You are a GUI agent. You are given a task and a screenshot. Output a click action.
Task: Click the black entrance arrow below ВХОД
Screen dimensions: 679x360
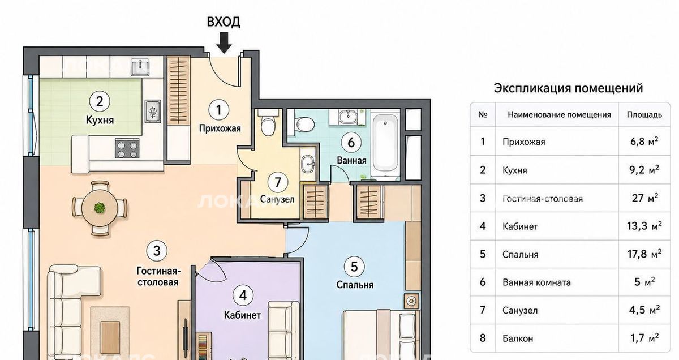click(x=224, y=43)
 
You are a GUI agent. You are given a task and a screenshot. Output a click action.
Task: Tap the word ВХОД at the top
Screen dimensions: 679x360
click(x=224, y=22)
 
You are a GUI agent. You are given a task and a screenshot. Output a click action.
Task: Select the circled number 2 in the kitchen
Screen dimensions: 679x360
click(x=100, y=101)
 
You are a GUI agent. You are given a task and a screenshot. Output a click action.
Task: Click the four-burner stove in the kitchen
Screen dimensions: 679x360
click(x=127, y=148)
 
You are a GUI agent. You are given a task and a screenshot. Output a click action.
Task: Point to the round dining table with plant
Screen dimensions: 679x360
click(x=100, y=208)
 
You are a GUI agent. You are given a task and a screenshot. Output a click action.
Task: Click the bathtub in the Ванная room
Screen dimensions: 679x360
click(x=385, y=146)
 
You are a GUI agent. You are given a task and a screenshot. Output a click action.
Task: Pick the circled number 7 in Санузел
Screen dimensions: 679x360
click(x=278, y=182)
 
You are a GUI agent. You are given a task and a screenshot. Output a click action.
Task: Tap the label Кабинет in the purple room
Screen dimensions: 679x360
click(x=242, y=315)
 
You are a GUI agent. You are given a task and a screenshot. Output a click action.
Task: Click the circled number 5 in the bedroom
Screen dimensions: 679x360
click(x=354, y=267)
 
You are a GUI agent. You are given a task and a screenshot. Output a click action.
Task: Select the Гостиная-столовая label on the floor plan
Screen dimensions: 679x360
click(x=158, y=276)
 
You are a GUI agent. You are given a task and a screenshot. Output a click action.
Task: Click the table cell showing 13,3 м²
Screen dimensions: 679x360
click(x=644, y=226)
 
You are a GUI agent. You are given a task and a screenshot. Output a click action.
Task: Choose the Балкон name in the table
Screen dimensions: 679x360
click(x=518, y=338)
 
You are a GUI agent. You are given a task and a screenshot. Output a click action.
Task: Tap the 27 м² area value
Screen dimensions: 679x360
click(x=644, y=198)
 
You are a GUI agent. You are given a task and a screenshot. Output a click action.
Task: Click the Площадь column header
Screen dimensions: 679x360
click(x=644, y=115)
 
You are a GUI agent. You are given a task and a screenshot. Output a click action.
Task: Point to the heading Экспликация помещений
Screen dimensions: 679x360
click(x=568, y=88)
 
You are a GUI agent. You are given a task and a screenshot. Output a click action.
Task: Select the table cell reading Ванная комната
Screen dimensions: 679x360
click(x=536, y=282)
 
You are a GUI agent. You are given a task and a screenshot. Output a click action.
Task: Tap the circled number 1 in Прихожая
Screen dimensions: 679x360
click(x=219, y=110)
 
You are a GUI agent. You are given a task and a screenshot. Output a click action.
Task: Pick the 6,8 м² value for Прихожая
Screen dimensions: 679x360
click(x=644, y=142)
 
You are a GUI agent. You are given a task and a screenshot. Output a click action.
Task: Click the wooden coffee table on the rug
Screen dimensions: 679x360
click(x=110, y=332)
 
